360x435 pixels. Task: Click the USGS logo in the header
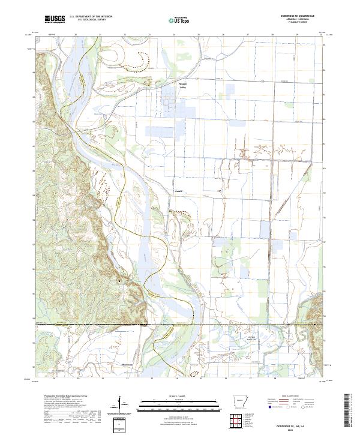[55, 20]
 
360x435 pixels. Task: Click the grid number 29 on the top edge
[297, 35]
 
